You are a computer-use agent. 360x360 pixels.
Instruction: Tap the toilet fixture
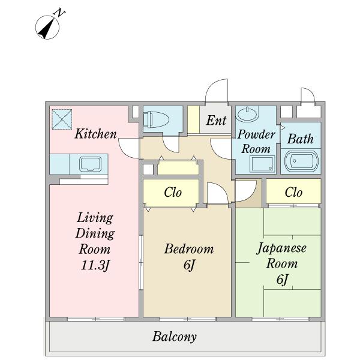click(156, 119)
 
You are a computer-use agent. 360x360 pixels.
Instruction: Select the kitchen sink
click(90, 164)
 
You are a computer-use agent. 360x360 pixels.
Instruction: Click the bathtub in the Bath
click(301, 161)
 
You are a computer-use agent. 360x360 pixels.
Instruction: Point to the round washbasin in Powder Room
click(248, 113)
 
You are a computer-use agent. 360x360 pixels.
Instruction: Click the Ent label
click(216, 121)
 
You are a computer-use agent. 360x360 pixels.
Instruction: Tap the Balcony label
click(175, 337)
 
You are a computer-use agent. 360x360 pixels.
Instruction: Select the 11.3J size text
click(95, 265)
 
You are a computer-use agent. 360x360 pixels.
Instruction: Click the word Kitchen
click(96, 134)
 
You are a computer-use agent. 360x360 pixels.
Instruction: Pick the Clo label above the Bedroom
click(173, 192)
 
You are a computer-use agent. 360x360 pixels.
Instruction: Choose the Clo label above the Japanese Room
click(293, 192)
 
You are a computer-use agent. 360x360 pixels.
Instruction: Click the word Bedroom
click(189, 249)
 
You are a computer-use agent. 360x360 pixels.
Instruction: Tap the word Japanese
click(281, 248)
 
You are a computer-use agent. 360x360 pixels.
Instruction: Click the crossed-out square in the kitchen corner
click(62, 119)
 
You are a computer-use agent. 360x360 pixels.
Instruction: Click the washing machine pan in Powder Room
click(262, 163)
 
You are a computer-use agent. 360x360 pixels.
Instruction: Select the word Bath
click(301, 139)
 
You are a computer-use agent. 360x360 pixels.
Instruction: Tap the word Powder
click(256, 134)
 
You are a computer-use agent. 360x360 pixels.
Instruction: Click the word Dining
click(95, 234)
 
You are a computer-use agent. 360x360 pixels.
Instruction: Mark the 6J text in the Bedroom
click(189, 265)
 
